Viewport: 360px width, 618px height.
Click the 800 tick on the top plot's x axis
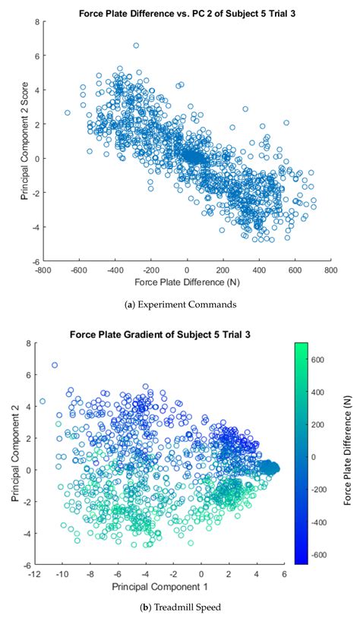tap(331, 268)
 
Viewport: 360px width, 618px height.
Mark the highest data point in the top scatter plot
tap(136, 46)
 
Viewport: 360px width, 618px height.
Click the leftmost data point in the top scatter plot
tap(68, 112)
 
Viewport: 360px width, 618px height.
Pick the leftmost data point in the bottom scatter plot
tap(43, 401)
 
